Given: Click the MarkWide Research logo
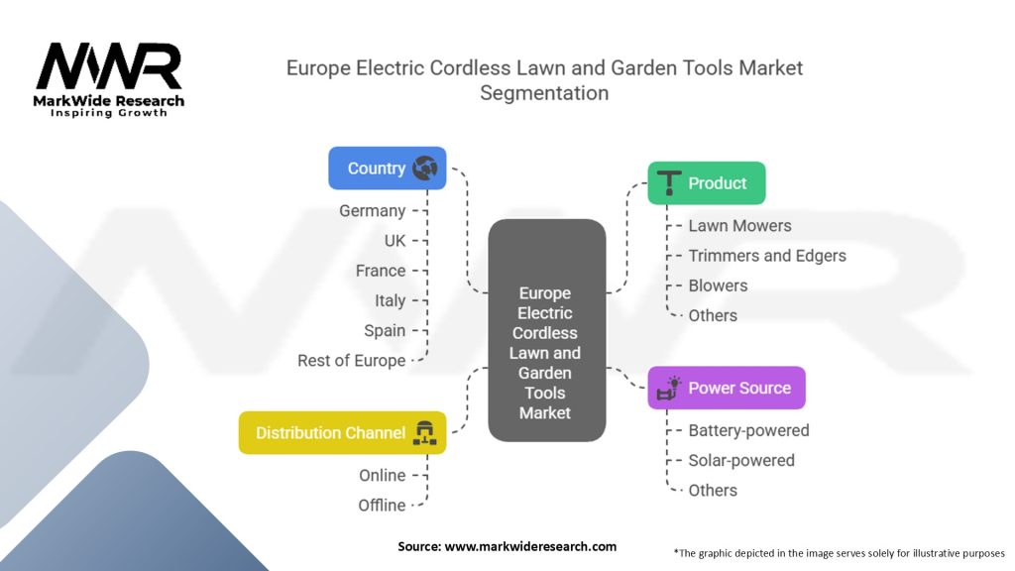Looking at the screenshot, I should (109, 78).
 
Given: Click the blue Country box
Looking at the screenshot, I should (387, 169).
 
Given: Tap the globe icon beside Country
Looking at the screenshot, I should (424, 169).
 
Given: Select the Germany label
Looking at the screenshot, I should (372, 211).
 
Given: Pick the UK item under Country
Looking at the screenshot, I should (395, 241).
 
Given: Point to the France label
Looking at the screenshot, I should (381, 271).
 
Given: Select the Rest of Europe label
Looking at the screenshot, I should (351, 361).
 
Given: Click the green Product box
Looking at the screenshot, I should (707, 183).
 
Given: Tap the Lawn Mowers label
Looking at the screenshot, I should (739, 226).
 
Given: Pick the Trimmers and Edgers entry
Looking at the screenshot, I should (767, 256).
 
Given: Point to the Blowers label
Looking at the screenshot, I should (718, 285).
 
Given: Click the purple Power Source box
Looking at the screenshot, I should (727, 388).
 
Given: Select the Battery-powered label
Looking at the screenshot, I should (748, 430).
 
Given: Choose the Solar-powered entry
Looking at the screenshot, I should (741, 460).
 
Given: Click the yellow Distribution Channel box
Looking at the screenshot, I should (342, 433).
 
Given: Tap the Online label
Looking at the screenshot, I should (382, 476).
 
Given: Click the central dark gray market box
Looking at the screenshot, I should (546, 330).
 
